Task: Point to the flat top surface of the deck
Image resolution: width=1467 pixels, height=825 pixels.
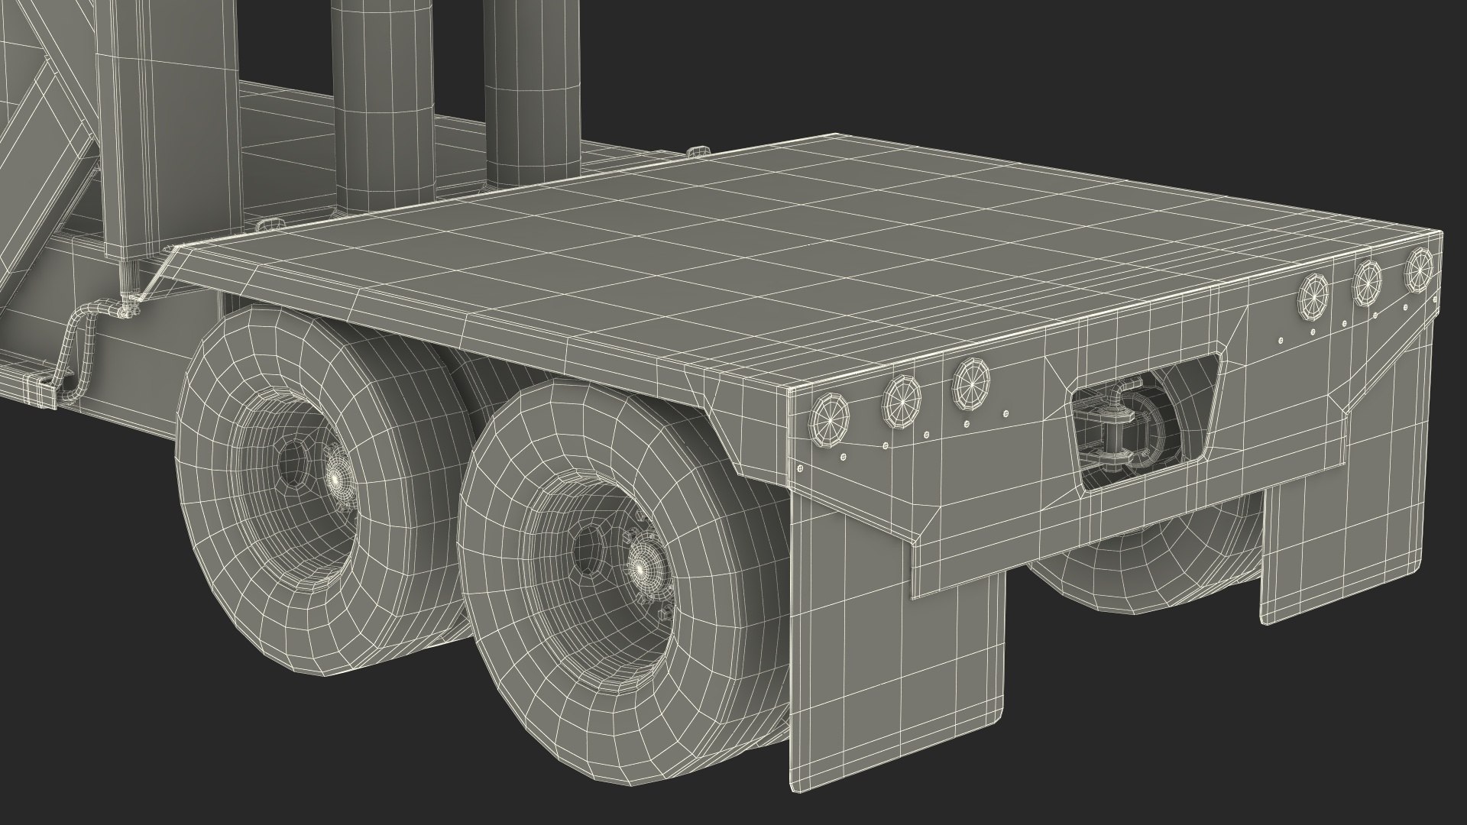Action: [688, 229]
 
